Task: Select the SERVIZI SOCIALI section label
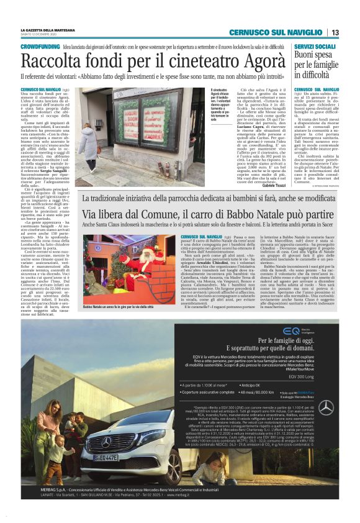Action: pos(315,47)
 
